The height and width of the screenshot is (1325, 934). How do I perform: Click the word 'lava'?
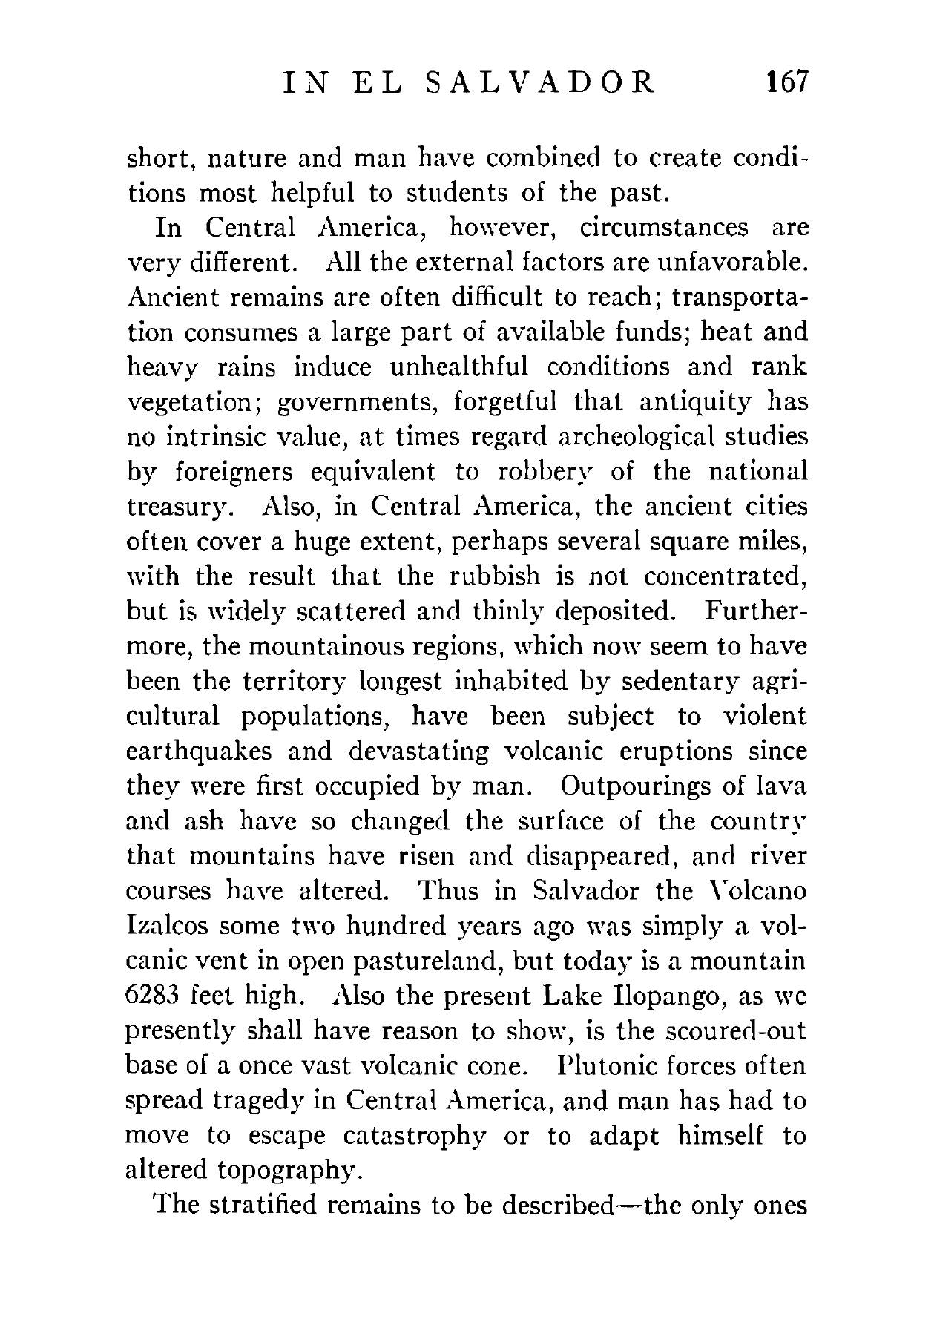tap(780, 785)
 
